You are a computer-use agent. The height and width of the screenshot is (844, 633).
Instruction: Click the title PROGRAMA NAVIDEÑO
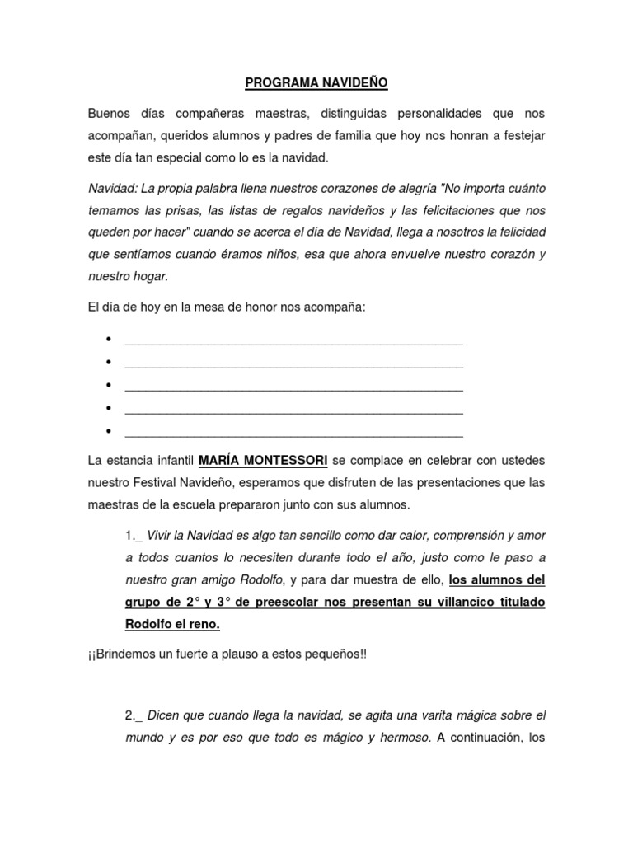point(316,83)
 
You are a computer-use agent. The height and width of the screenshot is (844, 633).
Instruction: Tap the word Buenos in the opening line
point(109,112)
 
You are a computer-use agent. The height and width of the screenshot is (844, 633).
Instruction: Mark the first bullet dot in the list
point(109,340)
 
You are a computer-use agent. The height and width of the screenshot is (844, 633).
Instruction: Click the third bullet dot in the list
point(109,386)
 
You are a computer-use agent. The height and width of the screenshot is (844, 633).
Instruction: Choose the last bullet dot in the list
point(109,431)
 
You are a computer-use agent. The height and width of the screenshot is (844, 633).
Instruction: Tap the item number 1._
point(134,536)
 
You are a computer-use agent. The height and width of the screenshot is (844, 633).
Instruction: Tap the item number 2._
point(134,715)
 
